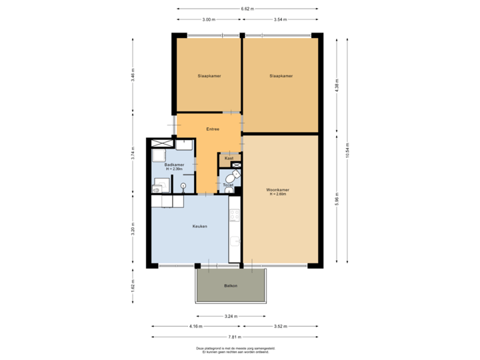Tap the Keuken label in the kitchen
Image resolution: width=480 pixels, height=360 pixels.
(199, 226)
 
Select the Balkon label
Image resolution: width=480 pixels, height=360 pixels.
(231, 285)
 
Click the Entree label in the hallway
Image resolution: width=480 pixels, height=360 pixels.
(213, 129)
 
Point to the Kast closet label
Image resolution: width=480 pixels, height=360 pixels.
(229, 158)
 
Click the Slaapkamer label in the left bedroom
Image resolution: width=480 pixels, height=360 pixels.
(209, 76)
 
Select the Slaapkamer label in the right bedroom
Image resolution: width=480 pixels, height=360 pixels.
(281, 76)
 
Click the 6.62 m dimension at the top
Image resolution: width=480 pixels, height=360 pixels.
(247, 9)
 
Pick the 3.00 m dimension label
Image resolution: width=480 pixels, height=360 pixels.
(209, 20)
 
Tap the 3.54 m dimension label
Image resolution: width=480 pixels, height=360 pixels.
(280, 20)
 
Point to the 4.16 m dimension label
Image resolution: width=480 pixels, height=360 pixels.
(196, 327)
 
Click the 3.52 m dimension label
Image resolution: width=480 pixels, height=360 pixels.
(281, 327)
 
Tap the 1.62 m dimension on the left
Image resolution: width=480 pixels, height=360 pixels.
(133, 285)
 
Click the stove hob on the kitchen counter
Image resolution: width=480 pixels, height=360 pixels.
(234, 215)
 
